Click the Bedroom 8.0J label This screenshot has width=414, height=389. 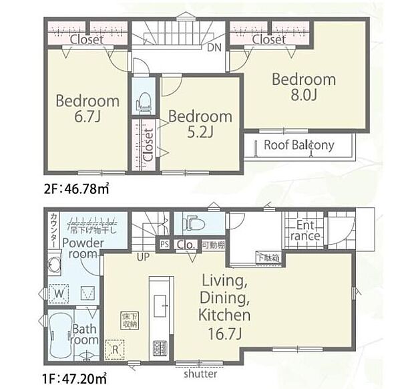(303, 87)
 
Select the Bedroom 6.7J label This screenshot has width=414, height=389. (87, 109)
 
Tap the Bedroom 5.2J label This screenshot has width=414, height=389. (200, 124)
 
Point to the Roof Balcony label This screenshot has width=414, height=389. (298, 145)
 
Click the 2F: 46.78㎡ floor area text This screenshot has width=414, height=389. (77, 190)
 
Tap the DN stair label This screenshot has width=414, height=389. (214, 47)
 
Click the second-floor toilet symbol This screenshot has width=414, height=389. (143, 101)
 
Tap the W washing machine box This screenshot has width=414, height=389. (59, 292)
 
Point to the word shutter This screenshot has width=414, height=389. (200, 374)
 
